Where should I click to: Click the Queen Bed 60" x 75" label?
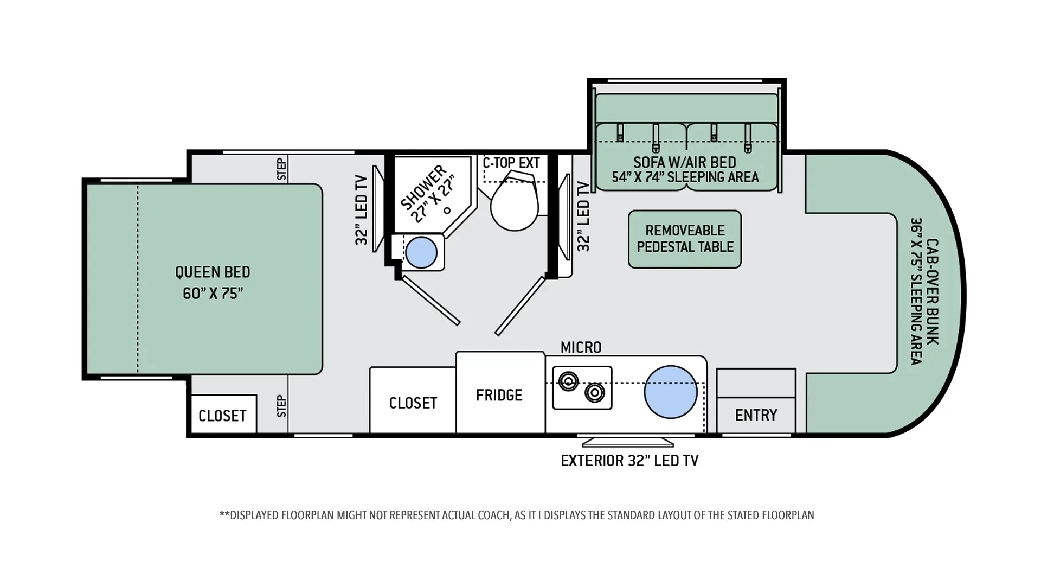[213, 282]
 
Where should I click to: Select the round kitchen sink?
[671, 392]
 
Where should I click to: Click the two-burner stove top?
[582, 387]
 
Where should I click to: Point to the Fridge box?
[500, 393]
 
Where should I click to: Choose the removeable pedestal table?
[685, 239]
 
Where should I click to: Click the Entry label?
[756, 415]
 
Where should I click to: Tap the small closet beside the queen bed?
[223, 414]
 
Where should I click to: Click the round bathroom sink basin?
[421, 252]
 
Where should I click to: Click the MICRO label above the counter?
[581, 347]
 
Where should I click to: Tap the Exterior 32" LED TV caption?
[629, 461]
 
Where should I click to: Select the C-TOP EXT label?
[511, 163]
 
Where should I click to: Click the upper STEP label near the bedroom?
[281, 169]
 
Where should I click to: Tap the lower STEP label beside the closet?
[281, 406]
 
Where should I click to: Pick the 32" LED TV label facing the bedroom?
[362, 210]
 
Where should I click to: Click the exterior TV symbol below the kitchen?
[628, 441]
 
